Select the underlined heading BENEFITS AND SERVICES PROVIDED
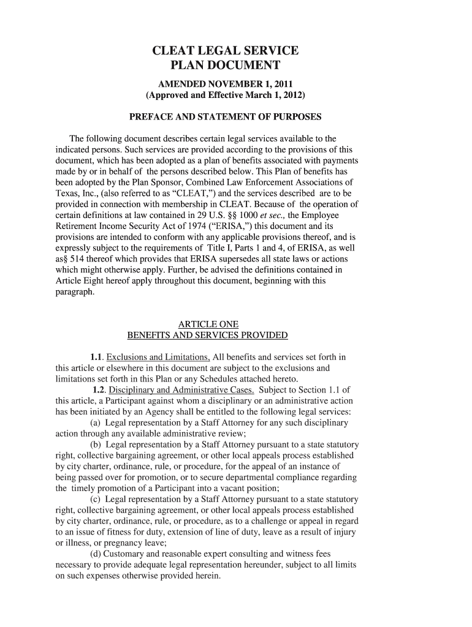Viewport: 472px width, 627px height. point(207,335)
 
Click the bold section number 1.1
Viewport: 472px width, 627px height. point(96,357)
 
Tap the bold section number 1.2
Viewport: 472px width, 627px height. point(99,390)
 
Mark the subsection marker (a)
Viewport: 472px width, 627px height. point(96,423)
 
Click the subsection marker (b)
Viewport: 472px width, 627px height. point(96,445)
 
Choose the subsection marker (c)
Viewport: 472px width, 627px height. point(96,499)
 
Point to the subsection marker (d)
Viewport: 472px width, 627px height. point(96,554)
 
